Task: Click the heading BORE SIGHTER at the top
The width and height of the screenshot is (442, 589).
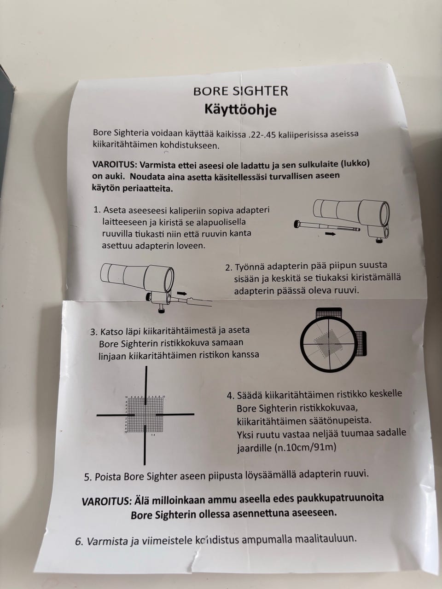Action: pyautogui.click(x=240, y=91)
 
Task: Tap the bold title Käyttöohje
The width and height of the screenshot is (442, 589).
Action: pyautogui.click(x=240, y=110)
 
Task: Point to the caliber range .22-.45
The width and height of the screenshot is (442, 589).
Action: pyautogui.click(x=262, y=134)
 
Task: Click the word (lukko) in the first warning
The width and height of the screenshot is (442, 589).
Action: pyautogui.click(x=355, y=163)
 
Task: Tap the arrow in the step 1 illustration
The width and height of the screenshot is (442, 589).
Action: pyautogui.click(x=331, y=234)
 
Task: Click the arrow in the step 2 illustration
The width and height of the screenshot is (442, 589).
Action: pyautogui.click(x=182, y=294)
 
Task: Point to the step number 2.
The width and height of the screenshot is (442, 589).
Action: pyautogui.click(x=229, y=268)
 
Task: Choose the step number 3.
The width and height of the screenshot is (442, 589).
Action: pyautogui.click(x=93, y=332)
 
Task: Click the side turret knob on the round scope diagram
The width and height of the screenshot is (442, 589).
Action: pyautogui.click(x=361, y=343)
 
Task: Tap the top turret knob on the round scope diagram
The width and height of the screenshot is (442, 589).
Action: pyautogui.click(x=329, y=313)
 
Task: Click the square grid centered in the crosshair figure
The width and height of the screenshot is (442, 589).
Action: pyautogui.click(x=145, y=415)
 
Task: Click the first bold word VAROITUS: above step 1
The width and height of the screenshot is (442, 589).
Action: pyautogui.click(x=115, y=164)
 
